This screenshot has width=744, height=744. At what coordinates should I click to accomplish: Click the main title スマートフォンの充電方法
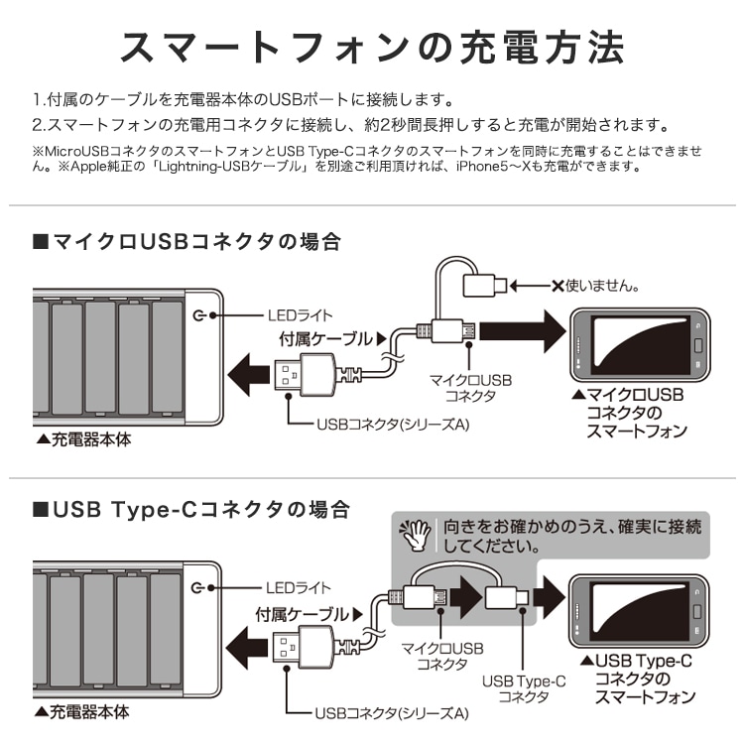click(372, 47)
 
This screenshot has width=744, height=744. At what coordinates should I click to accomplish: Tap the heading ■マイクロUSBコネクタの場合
click(186, 241)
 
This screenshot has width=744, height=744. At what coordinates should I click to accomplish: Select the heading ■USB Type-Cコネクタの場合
click(191, 510)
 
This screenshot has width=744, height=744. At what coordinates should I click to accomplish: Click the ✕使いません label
click(595, 286)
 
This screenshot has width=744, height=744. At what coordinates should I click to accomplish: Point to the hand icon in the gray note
click(413, 535)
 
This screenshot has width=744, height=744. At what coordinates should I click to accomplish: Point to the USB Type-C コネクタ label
click(525, 689)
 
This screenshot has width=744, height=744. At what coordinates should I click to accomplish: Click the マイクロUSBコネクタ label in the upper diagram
click(469, 388)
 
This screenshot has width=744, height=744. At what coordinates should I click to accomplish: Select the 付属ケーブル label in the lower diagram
click(303, 614)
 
